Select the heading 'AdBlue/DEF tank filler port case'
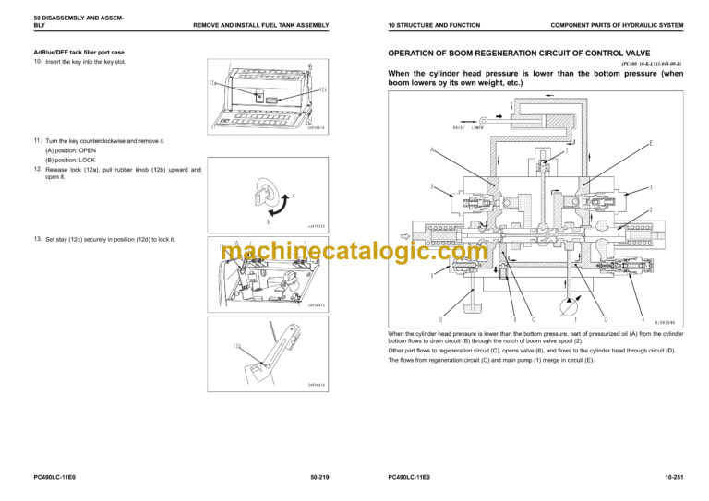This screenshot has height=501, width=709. (78, 53)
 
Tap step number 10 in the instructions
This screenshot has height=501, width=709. (37, 62)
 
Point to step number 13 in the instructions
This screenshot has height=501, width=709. (37, 239)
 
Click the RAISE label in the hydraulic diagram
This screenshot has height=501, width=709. (459, 127)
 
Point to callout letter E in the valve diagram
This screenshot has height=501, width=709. (652, 143)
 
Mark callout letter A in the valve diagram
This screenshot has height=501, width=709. (431, 149)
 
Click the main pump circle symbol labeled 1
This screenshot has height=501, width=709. (577, 305)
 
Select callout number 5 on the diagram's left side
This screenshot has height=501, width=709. (432, 274)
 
